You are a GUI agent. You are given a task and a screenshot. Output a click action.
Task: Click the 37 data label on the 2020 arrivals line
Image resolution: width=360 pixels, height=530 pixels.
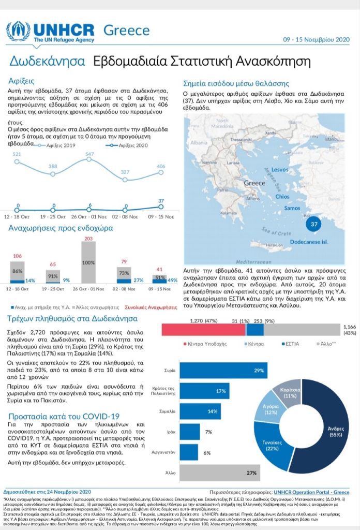[161, 201]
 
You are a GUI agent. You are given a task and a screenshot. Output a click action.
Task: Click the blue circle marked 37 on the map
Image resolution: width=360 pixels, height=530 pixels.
[312, 224]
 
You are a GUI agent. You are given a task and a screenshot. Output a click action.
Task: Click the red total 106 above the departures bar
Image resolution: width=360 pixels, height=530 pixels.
[17, 256]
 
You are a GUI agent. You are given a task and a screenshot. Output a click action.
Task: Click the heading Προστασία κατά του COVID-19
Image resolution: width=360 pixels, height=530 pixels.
[65, 417]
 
